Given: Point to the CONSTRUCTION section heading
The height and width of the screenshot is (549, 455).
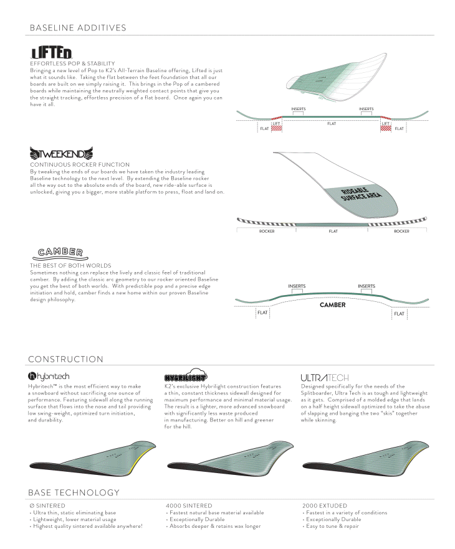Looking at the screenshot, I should pyautogui.click(x=66, y=359).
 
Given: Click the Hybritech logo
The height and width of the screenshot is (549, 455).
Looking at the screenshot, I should pyautogui.click(x=49, y=377).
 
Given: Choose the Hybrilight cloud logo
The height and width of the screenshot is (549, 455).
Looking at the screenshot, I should pyautogui.click(x=184, y=376).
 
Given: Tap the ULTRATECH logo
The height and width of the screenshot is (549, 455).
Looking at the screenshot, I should pyautogui.click(x=325, y=377).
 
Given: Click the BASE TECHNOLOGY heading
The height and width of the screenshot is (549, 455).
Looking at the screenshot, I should pyautogui.click(x=74, y=493).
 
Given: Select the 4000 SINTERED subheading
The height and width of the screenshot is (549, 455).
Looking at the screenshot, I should pyautogui.click(x=189, y=505).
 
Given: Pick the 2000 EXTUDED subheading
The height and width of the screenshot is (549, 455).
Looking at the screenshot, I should pyautogui.click(x=324, y=505).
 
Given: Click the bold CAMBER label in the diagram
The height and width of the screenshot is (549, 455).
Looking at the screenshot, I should pyautogui.click(x=332, y=305).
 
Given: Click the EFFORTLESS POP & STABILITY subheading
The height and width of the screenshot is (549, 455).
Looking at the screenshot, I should pyautogui.click(x=72, y=63).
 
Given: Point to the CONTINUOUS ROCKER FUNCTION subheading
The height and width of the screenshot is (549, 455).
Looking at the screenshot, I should pyautogui.click(x=80, y=164).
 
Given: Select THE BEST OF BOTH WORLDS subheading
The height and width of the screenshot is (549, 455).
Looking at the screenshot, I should pyautogui.click(x=70, y=265).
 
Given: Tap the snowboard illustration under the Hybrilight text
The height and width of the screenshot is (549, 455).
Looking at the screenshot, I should pyautogui.click(x=228, y=461).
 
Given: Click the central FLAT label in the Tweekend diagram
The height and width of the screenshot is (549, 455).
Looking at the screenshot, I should pyautogui.click(x=333, y=231).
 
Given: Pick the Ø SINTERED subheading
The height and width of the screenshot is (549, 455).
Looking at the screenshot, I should pyautogui.click(x=47, y=505).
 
